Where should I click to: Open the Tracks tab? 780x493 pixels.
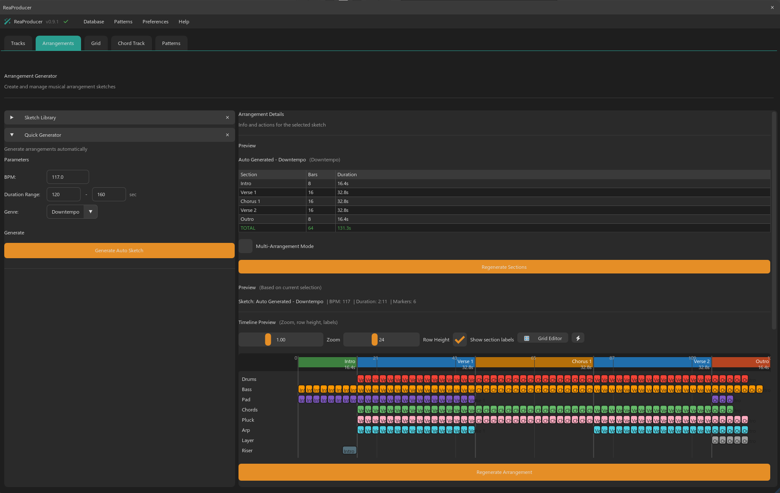point(18,43)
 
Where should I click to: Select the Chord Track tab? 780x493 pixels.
point(131,43)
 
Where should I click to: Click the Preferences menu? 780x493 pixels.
point(155,22)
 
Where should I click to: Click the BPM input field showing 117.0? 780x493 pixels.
point(68,177)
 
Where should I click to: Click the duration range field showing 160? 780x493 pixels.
point(109,194)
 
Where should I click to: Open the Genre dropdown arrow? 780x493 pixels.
point(90,212)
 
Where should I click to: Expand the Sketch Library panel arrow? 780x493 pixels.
point(12,118)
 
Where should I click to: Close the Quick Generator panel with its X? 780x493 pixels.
point(227,135)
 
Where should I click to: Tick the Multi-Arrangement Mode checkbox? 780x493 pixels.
point(246,246)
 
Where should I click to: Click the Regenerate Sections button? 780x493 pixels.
point(504,267)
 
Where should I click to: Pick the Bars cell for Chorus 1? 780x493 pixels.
point(320,201)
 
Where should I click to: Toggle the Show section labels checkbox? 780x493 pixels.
point(460,340)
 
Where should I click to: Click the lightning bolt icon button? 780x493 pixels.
point(578,338)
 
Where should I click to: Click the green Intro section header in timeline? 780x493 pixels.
point(327,362)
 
